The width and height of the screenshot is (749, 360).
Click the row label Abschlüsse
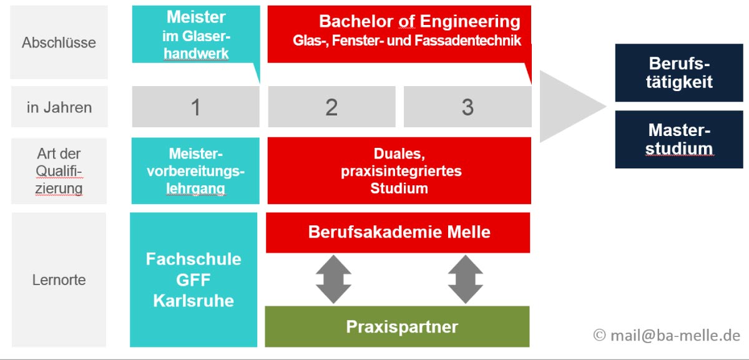pos(59,42)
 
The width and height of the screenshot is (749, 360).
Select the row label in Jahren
pos(59,107)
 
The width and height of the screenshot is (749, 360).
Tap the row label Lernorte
pos(59,280)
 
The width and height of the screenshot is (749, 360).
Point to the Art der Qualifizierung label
pos(59,170)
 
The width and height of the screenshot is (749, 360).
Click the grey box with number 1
pos(195,107)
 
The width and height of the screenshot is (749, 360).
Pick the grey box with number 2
pos(331,107)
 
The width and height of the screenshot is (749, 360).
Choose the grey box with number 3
pos(468,107)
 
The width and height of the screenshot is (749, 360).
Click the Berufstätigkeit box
pos(679,72)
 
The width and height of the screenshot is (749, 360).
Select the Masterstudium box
pos(679,139)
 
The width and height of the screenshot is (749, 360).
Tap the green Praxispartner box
pos(397,326)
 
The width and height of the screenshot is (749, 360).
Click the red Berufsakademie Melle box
pos(398,232)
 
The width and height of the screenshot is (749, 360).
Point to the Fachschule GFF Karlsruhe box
pos(193,280)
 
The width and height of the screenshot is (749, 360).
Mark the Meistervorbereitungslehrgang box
pos(195,170)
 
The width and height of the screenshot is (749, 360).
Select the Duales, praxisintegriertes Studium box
pos(399,170)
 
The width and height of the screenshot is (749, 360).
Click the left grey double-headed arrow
pos(333,279)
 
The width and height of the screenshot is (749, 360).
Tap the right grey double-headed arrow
pos(466,279)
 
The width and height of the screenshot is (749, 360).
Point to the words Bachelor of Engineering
pos(419,21)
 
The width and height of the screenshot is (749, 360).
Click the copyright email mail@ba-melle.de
pos(666,335)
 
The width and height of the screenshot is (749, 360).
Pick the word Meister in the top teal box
pos(196,17)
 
